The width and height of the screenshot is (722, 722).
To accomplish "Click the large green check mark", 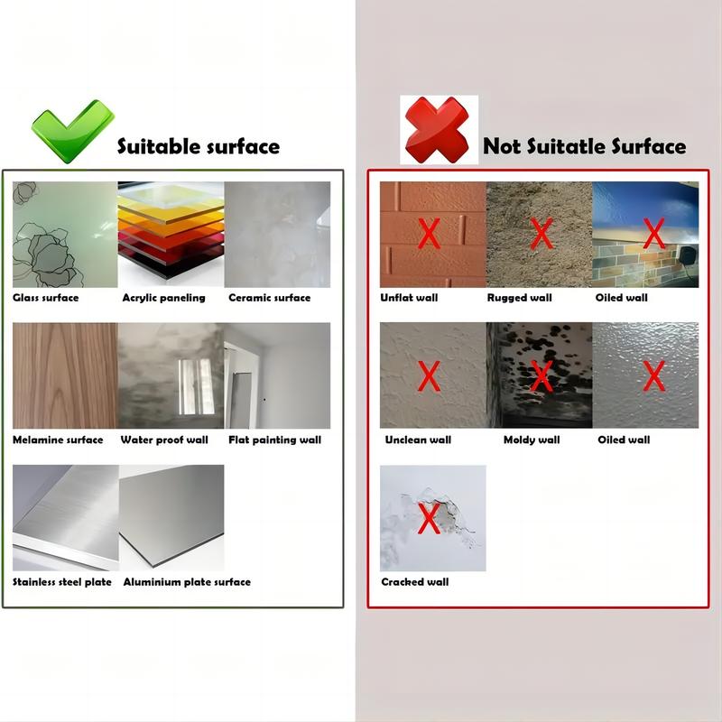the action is pos(72,131).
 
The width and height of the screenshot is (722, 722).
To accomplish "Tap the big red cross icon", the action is pos(438,130).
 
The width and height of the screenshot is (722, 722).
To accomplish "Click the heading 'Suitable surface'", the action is pos(199,146).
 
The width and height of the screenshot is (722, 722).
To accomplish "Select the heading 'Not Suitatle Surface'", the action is pos(584,146).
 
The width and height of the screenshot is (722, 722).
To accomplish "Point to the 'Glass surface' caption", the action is pos(46,298).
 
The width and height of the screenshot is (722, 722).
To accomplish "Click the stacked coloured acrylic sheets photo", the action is pos(171,235).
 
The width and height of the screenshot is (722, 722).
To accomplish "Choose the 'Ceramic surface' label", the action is pos(269,298).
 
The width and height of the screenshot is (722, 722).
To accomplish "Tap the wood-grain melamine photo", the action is pos(65,375).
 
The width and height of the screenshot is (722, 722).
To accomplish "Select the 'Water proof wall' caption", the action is pos(164,440).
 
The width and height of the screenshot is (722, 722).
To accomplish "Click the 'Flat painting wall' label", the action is pos(275,440).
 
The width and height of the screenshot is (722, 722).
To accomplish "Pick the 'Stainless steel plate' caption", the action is pos(62,582).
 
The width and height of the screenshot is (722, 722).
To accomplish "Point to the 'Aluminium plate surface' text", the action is pos(187,582).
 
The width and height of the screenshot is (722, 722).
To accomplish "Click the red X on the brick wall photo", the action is pos(430,234).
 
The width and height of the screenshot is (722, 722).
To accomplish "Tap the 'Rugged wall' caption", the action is pos(520,298).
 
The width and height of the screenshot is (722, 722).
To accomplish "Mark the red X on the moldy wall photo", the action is pos(541,375).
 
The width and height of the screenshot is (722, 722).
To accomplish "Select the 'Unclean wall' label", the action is pos(418,440).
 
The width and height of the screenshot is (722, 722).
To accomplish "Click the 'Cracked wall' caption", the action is pos(415,582).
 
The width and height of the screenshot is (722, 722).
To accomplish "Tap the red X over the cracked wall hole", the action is pos(430,518).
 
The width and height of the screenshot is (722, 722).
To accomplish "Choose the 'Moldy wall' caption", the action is pos(532,440).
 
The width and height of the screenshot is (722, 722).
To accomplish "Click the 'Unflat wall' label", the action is pos(409,298).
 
